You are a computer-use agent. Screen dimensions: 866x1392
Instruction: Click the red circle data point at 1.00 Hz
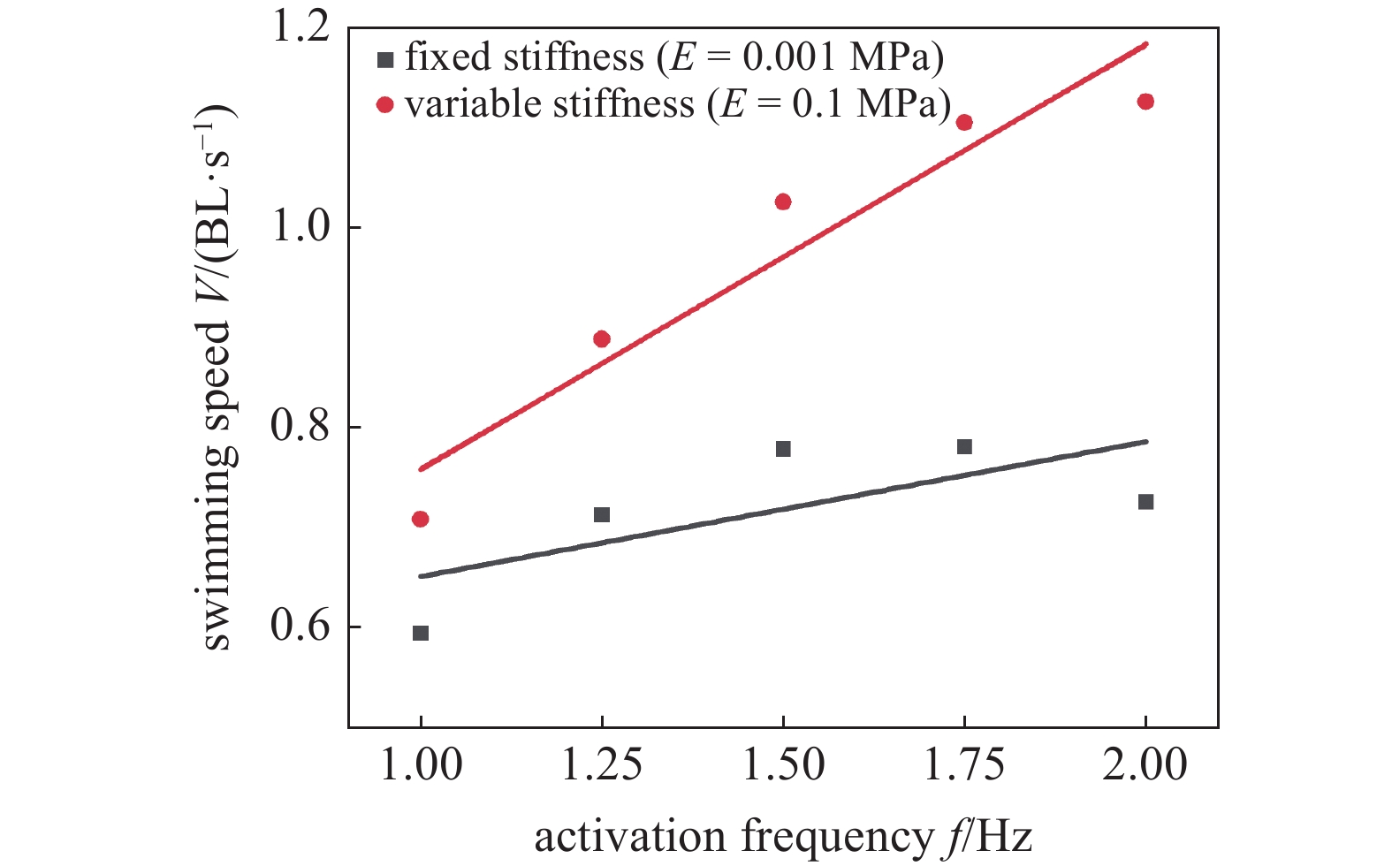(421, 519)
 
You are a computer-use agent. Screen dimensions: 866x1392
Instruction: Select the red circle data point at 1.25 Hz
(602, 338)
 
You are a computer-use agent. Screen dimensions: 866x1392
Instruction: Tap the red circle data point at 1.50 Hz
(783, 201)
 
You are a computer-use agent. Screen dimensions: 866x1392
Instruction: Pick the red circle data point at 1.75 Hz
(964, 122)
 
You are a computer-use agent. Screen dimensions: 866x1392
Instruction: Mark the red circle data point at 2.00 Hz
(1145, 102)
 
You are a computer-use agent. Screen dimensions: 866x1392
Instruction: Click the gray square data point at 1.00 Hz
(421, 633)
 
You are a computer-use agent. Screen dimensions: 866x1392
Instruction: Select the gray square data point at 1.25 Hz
(602, 514)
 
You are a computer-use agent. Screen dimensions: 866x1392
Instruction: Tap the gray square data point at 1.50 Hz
(783, 449)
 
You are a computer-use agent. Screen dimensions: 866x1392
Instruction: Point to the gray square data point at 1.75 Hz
(964, 446)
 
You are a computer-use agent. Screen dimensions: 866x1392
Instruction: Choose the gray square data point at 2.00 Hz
(1145, 502)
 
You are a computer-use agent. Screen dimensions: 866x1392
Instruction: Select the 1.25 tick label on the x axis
(602, 765)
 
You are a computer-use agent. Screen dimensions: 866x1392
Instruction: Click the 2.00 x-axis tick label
(1145, 765)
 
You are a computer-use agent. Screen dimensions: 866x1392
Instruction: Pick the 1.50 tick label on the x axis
(783, 765)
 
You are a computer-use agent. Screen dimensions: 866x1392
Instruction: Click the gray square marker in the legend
(384, 60)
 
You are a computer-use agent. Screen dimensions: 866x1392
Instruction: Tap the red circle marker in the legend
(384, 105)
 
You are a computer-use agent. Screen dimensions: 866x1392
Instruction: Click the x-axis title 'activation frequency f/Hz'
(783, 836)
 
